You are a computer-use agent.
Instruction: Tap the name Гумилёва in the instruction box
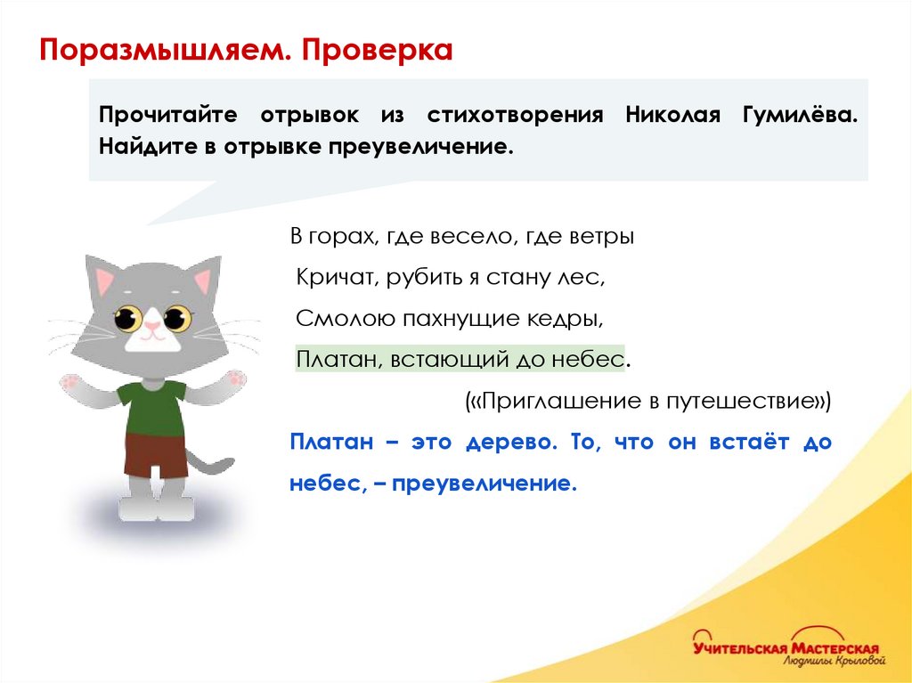(x=800, y=116)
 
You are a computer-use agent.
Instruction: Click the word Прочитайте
(x=167, y=116)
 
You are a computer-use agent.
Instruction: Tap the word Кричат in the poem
(x=336, y=278)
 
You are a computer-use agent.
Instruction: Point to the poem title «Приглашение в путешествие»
(x=648, y=401)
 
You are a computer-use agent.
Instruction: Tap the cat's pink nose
(x=152, y=328)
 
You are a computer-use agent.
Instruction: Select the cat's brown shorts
(x=156, y=455)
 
